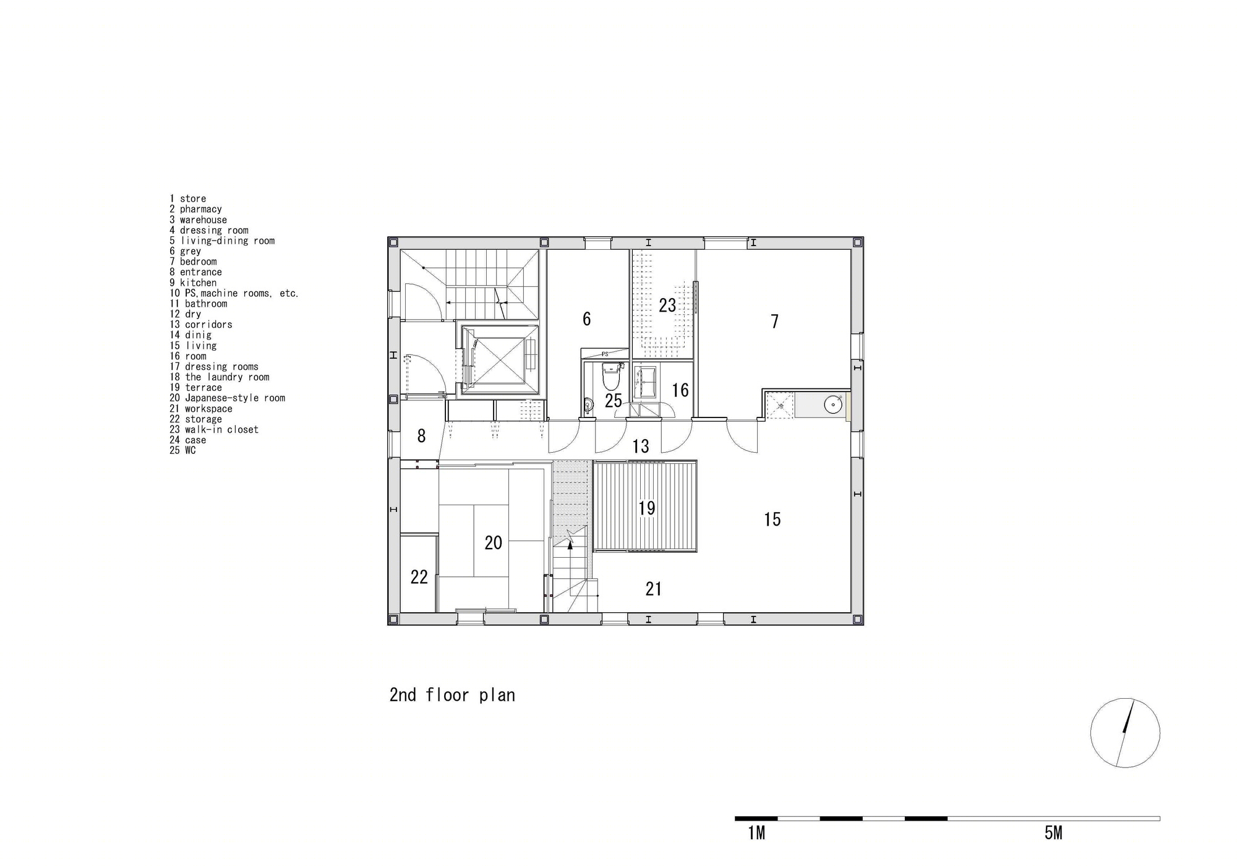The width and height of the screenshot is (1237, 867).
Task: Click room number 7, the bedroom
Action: tap(774, 322)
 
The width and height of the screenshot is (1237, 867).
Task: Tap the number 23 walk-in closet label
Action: tap(667, 305)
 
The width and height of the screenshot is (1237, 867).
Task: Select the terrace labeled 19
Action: tap(646, 508)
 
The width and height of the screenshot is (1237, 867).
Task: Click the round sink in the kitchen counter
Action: tap(833, 405)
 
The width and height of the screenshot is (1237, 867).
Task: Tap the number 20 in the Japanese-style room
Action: tap(493, 543)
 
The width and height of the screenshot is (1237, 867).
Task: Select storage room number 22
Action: tap(419, 577)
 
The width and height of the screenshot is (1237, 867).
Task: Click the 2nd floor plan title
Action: tap(452, 695)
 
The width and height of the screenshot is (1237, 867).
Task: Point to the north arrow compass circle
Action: tap(1124, 733)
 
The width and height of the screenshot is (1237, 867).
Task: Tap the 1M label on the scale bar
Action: tap(756, 834)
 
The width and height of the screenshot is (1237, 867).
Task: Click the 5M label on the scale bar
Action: tap(1053, 834)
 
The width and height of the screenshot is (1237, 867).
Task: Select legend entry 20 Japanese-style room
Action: tap(228, 398)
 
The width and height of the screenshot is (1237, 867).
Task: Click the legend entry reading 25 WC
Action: tap(183, 450)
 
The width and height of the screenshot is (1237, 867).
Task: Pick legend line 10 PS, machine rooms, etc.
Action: tap(234, 293)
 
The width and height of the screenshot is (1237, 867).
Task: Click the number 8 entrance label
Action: tap(421, 436)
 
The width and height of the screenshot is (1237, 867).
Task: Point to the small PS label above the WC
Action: tap(605, 354)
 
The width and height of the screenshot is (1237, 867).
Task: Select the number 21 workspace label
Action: tap(653, 589)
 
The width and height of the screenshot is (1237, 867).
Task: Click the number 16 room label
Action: tap(680, 390)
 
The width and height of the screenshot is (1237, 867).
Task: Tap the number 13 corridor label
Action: tap(641, 446)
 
